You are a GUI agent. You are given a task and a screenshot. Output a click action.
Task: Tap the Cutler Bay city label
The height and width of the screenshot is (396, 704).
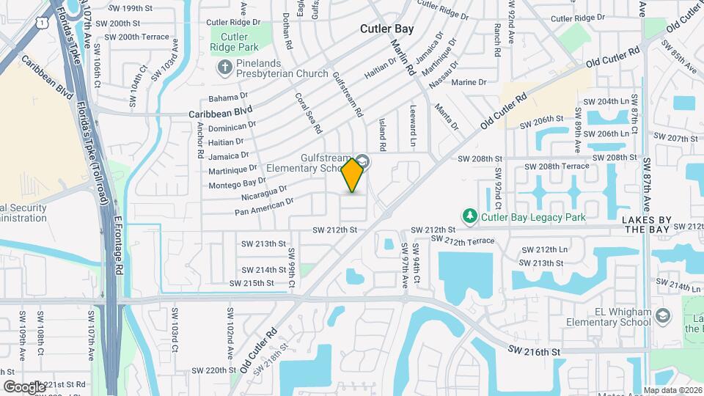click(x=387, y=29)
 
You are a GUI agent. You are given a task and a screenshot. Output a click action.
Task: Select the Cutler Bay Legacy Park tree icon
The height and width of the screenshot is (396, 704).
click(x=470, y=216)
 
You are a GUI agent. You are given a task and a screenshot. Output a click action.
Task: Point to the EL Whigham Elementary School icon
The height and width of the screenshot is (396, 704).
click(x=664, y=315)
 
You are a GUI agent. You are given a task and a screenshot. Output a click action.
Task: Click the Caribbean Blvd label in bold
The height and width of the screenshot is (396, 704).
click(x=220, y=114)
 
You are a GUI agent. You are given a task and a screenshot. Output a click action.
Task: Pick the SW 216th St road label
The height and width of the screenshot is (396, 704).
click(x=535, y=352)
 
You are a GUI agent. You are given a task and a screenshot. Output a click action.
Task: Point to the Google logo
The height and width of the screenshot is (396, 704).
click(x=24, y=386)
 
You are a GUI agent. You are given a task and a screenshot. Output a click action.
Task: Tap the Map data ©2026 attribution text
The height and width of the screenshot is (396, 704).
click(x=672, y=390)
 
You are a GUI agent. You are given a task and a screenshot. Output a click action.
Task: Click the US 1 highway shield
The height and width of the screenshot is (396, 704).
click(x=45, y=23)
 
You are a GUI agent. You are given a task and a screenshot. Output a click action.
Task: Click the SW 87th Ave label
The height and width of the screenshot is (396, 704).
click(x=647, y=184)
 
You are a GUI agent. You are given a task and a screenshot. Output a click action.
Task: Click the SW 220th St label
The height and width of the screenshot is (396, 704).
click(x=210, y=370)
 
